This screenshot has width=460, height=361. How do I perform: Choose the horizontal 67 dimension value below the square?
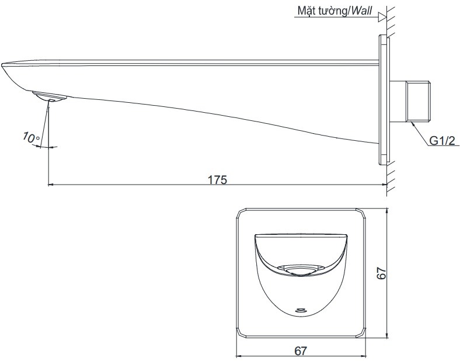click(301, 350)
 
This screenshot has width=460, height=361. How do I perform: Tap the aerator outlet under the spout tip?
click(49, 97)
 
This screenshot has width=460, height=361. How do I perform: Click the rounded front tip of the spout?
click(7, 68)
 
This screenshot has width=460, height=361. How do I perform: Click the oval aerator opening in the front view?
click(301, 269)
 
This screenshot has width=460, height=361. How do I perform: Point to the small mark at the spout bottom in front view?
click(301, 310)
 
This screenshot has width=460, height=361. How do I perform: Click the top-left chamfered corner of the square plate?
click(239, 212)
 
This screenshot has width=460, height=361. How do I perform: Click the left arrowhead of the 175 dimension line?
click(49, 185)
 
